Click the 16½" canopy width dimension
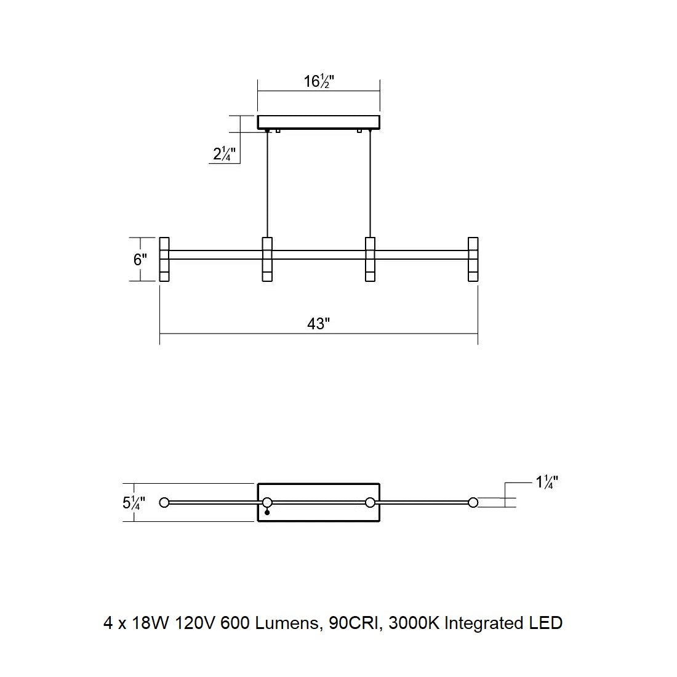[x=319, y=81]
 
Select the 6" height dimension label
[x=140, y=260]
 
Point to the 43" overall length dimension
[x=319, y=324]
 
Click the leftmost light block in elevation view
[x=164, y=259]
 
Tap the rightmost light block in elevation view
[x=473, y=259]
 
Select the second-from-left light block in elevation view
[x=267, y=259]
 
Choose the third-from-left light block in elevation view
[x=370, y=259]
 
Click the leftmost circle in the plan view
[x=164, y=503]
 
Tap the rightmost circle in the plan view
[x=473, y=503]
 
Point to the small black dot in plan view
[x=267, y=513]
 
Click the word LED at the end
[x=546, y=623]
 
